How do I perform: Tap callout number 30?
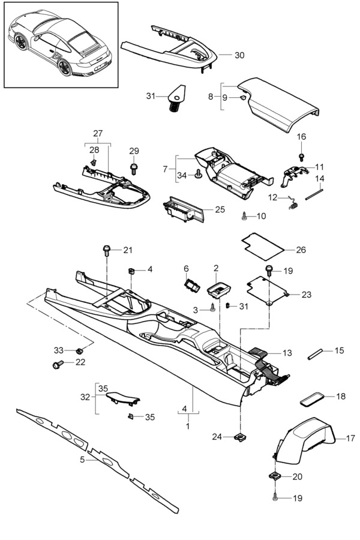click(239, 55)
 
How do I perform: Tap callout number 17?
click(350, 438)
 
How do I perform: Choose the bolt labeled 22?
click(58, 364)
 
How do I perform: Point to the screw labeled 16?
click(302, 155)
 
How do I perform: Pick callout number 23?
click(306, 295)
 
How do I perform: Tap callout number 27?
click(98, 133)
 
